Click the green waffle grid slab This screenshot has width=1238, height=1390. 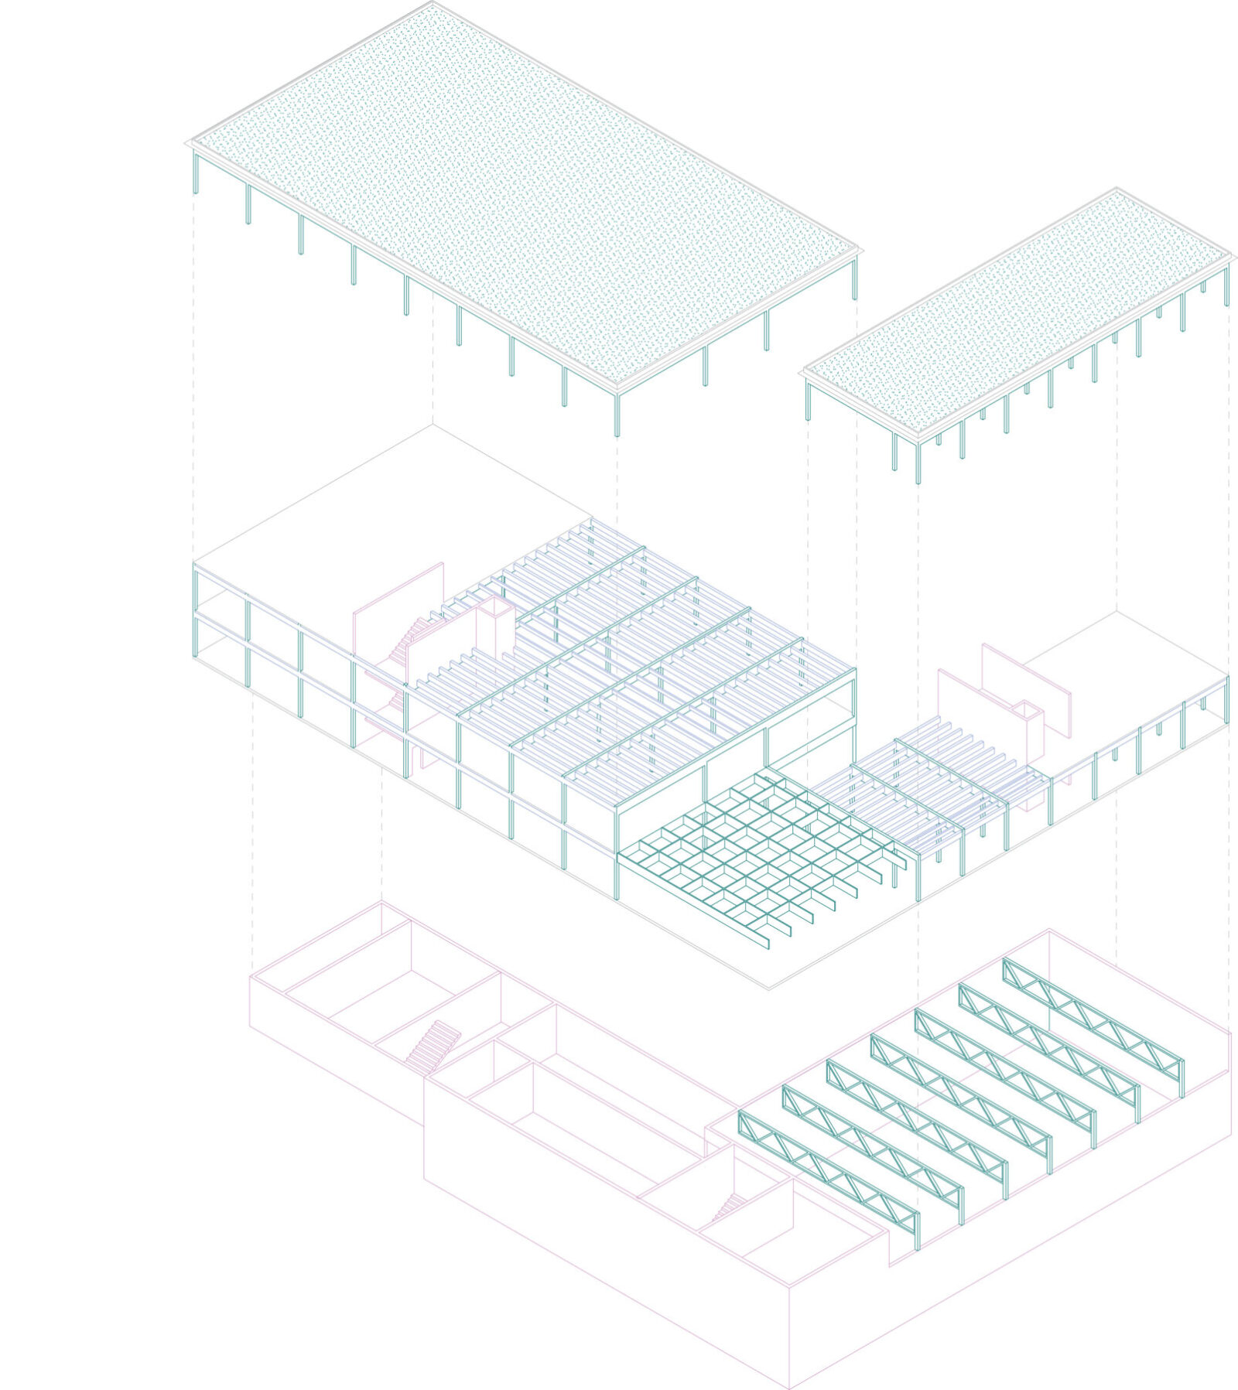pos(758,847)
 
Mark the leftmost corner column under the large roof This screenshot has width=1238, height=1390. pos(196,172)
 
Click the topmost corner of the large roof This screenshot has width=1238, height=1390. pos(432,4)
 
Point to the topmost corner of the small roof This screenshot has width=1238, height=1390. pos(1117,189)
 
